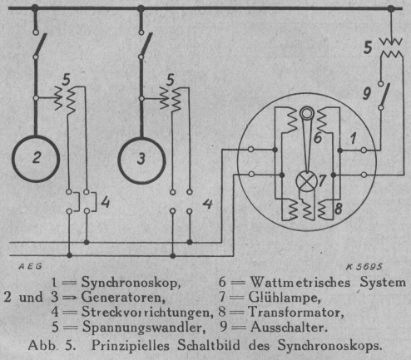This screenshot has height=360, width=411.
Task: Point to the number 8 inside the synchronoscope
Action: [338, 209]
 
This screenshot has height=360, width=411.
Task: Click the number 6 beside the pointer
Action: [318, 138]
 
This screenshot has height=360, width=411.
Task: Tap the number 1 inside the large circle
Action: [353, 138]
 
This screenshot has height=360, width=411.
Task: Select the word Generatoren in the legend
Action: [123, 297]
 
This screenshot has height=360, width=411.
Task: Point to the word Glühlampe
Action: [285, 297]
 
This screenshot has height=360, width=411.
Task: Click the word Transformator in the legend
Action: [295, 312]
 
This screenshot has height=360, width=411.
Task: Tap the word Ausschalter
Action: [289, 328]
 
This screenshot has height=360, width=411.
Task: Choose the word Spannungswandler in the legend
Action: [144, 328]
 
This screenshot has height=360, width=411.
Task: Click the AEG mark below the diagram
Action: [30, 267]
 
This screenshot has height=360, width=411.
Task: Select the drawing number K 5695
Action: [364, 267]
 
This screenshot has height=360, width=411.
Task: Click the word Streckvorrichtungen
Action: [147, 313]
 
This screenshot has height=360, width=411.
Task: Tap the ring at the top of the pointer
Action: [307, 114]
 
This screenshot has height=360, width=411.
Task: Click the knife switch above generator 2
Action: [39, 45]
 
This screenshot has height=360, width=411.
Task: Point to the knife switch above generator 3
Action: [145, 45]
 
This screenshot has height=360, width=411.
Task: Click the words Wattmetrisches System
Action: [328, 283]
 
